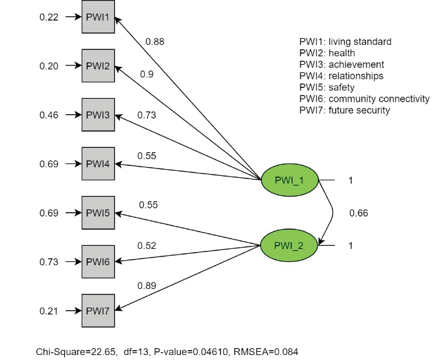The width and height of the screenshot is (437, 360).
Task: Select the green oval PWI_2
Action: coord(289,245)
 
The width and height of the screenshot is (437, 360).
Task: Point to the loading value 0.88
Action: coord(155,42)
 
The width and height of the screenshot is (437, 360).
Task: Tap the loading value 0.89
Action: coord(148,286)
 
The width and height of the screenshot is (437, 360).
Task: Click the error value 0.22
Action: coord(49,17)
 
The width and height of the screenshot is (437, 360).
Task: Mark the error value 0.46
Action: coord(49,115)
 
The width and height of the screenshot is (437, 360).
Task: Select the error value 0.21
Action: coord(49,310)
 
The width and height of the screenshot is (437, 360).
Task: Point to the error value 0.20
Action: coord(49,66)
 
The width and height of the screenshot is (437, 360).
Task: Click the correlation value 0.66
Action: coord(358,213)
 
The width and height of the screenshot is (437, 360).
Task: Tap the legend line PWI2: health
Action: coord(328,53)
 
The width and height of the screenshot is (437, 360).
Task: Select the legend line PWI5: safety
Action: coord(327,87)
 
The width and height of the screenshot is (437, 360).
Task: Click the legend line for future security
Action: coord(345,110)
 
